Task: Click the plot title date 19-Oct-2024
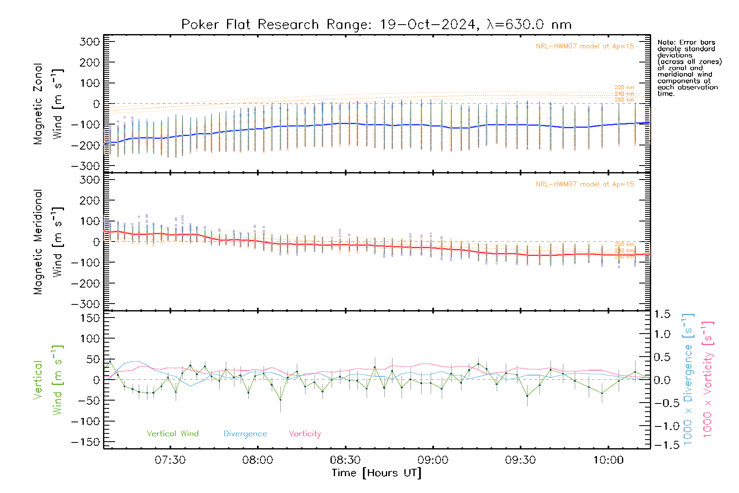[427, 25]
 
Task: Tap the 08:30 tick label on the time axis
[345, 460]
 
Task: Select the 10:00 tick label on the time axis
[608, 460]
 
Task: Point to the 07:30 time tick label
[170, 460]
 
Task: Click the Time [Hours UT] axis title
[376, 473]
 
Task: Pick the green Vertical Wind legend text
[172, 433]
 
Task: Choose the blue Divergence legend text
[245, 433]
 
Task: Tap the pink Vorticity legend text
[305, 433]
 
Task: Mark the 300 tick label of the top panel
[90, 41]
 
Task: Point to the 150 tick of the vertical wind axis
[90, 318]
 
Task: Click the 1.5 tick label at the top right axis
[662, 314]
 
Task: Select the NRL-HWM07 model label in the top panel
[585, 46]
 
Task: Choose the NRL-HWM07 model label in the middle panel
[585, 184]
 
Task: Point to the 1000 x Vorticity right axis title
[707, 379]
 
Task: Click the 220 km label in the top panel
[624, 88]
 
